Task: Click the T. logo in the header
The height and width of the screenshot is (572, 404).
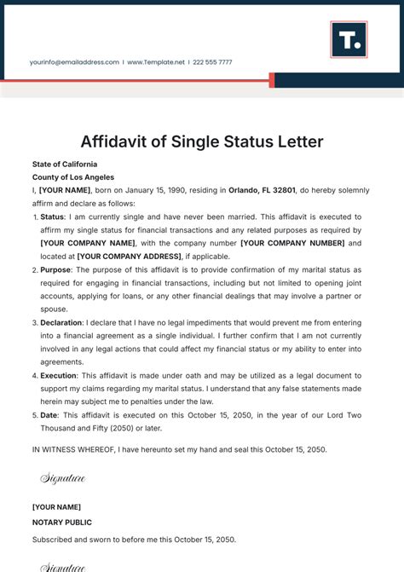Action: (349, 39)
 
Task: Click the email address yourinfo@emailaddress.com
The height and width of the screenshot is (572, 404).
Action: (74, 62)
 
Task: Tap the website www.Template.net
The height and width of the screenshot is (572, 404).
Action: (157, 62)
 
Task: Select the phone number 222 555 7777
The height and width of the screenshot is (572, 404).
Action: (211, 62)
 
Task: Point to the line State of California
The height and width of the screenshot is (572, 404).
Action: (65, 164)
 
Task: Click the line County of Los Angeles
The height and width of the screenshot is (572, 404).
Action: (72, 176)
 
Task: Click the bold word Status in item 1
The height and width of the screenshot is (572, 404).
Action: (53, 217)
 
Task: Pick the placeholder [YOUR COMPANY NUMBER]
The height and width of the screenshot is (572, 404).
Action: (292, 243)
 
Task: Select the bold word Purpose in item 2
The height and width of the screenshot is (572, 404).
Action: (56, 269)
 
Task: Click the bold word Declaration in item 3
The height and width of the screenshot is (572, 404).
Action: (62, 322)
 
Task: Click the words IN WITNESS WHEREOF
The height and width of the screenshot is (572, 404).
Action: (76, 449)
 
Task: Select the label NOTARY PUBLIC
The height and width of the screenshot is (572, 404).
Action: (62, 522)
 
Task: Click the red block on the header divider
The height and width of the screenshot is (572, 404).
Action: (272, 80)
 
